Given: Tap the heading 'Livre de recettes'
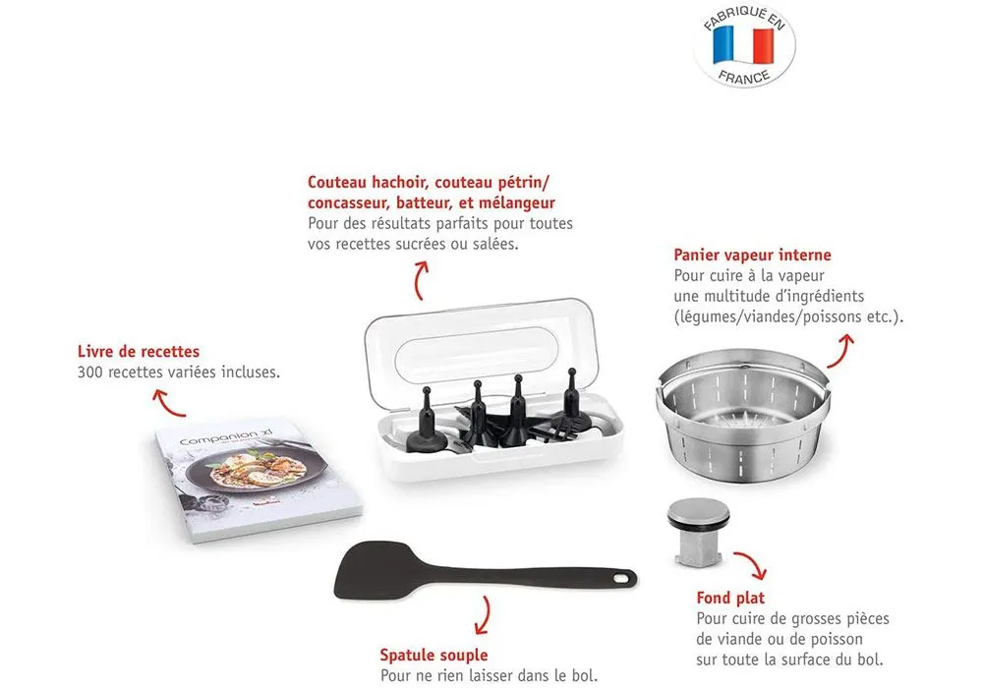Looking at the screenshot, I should pos(139,351).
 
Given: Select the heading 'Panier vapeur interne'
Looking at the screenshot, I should pos(752,255).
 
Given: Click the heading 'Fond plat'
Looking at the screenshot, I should pos(730,598).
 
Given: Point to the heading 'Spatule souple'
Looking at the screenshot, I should pos(434,655).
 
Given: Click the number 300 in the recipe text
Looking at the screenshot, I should pos(90,372).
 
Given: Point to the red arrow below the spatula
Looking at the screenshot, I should pos(482,615).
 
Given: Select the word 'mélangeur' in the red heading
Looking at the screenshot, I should pos(516,203).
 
